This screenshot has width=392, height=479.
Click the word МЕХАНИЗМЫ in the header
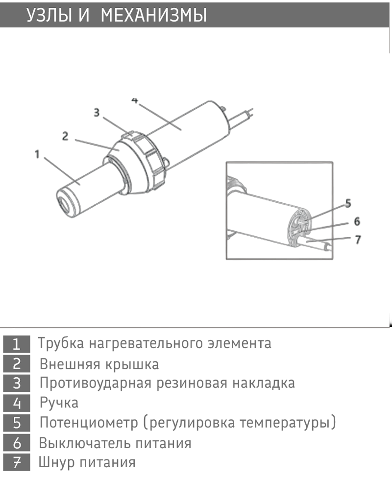point(154,15)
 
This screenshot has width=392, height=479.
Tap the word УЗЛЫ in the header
point(49,15)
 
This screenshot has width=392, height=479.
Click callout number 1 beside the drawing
point(37,154)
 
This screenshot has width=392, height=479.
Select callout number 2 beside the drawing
point(65,136)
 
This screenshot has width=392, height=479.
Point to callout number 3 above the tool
point(97,113)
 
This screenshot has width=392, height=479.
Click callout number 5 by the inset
point(348,203)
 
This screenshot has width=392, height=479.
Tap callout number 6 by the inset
point(357,221)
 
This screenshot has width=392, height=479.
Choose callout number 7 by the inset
point(358,239)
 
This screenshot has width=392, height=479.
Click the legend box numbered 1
point(17,344)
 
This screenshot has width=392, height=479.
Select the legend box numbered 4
point(17,403)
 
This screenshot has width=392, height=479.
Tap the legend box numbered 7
point(17,462)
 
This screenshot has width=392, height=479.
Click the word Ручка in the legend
point(59,403)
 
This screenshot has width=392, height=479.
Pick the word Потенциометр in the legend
point(89,423)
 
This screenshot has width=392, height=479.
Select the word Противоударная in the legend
point(96,383)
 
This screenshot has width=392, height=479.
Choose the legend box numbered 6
point(17,443)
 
